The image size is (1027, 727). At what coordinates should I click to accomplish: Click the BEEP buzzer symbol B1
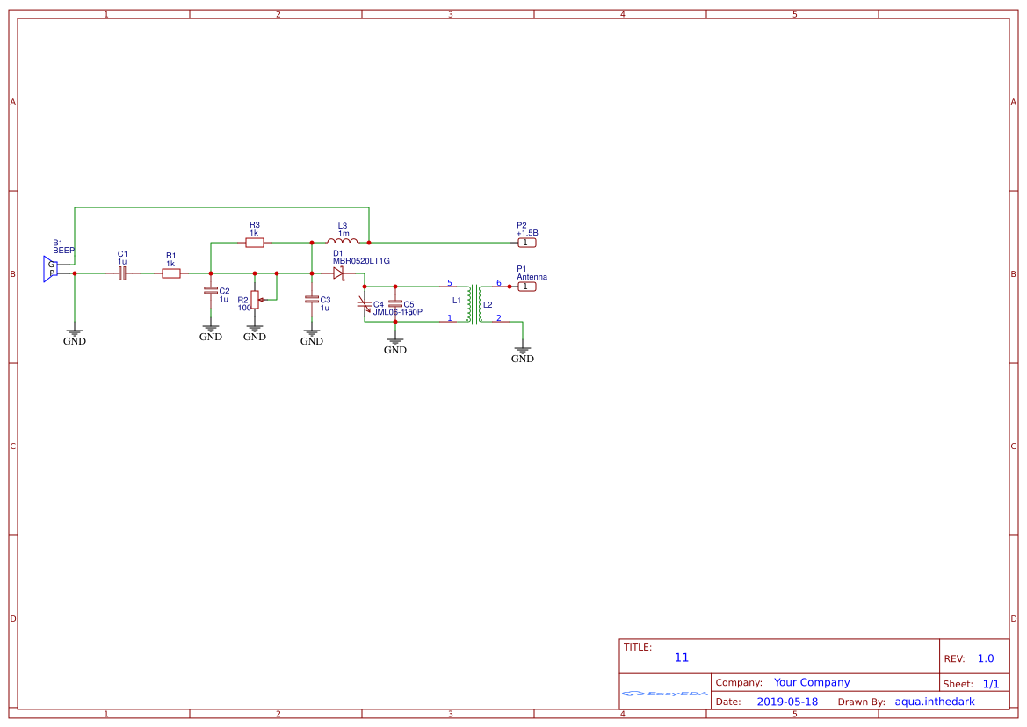[x=50, y=269]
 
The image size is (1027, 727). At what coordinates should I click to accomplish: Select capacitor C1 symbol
[x=123, y=273]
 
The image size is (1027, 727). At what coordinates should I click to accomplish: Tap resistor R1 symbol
[x=171, y=273]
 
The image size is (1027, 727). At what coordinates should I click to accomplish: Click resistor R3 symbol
[x=255, y=242]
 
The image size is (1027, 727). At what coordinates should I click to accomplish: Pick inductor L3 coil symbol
[x=342, y=241]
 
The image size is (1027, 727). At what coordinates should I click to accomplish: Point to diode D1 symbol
[x=338, y=273]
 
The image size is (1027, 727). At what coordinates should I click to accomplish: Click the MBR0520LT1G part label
[x=360, y=261]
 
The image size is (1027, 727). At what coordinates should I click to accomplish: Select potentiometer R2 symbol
[x=255, y=300]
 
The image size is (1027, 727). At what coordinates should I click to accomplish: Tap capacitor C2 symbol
[x=211, y=290]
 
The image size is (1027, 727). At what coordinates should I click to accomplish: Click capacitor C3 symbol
[x=312, y=299]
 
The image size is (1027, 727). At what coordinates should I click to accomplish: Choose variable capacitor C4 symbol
[x=365, y=304]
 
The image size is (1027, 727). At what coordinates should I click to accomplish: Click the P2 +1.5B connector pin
[x=526, y=242]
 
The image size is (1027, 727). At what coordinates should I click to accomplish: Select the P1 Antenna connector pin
[x=526, y=286]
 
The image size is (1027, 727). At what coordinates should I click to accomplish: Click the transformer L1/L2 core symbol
[x=477, y=303]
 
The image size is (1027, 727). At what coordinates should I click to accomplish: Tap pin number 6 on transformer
[x=499, y=283]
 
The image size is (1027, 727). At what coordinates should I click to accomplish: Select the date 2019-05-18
[x=787, y=702]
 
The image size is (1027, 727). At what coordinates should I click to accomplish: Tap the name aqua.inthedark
[x=935, y=702]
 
